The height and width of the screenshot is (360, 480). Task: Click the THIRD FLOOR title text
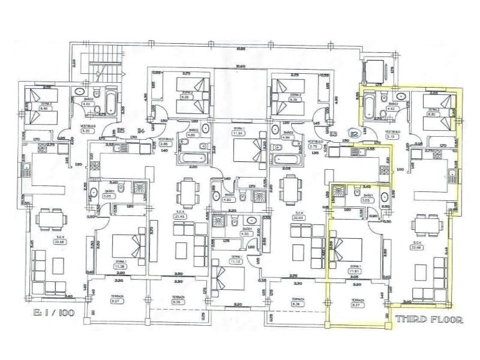pyautogui.click(x=429, y=320)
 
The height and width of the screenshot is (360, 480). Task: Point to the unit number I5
pyautogui.click(x=121, y=130)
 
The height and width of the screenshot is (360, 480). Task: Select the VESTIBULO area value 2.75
pyautogui.click(x=313, y=146)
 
